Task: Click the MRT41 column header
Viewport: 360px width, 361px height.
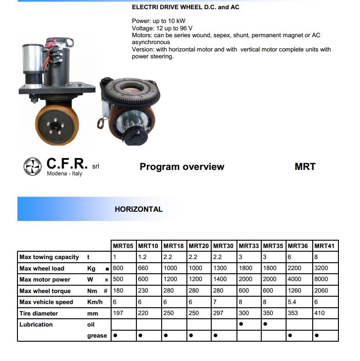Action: pos(324,246)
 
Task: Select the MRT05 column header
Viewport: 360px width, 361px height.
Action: pos(123,246)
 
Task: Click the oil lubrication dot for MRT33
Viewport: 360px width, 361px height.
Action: pos(241,324)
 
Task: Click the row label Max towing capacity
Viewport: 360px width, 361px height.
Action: pos(49,257)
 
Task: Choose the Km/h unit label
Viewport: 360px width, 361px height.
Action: pos(95,302)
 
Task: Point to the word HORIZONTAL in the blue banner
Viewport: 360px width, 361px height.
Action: pos(139,209)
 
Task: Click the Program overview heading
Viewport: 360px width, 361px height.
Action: pos(182,167)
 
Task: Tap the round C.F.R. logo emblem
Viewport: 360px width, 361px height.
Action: pos(33,166)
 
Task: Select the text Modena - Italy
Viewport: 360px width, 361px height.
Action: pos(64,174)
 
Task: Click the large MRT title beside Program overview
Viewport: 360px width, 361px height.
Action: pos(305,167)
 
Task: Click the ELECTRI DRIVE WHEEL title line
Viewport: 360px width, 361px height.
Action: pos(186,7)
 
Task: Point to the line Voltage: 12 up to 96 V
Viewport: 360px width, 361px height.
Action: pos(162,28)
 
